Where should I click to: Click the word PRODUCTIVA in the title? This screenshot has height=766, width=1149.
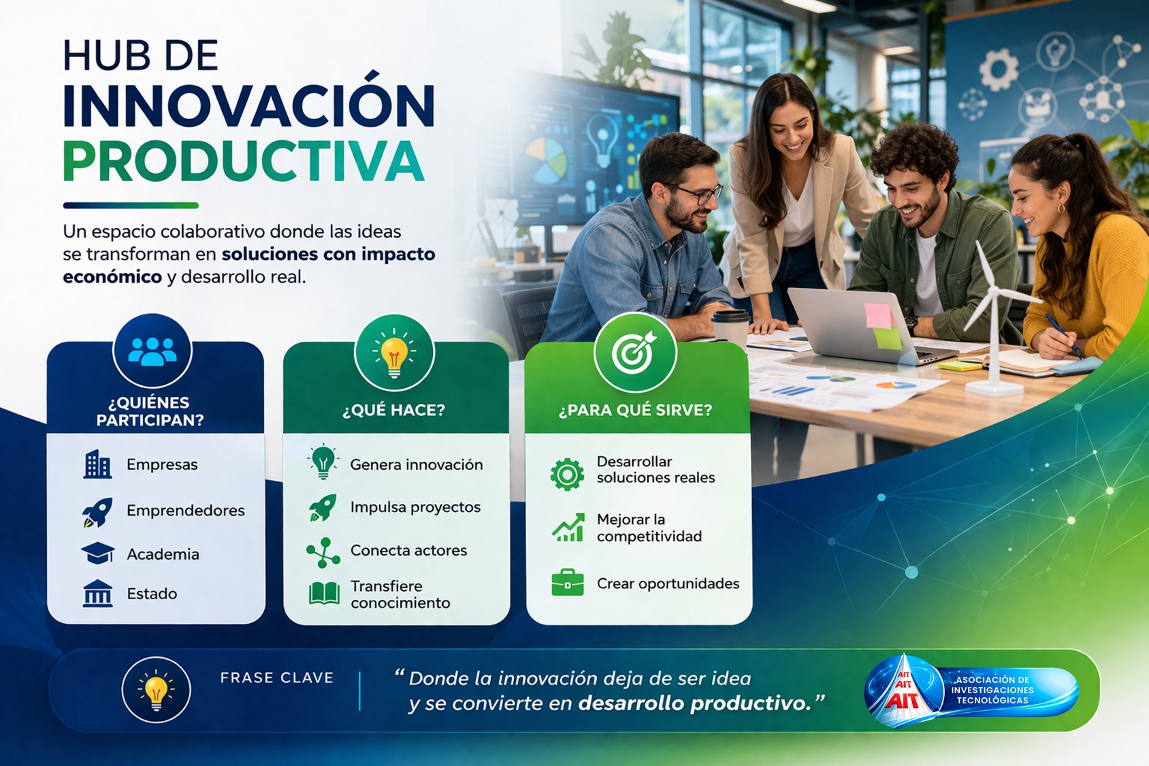[x=244, y=161]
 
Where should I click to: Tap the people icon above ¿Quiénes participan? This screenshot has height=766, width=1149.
[x=152, y=351]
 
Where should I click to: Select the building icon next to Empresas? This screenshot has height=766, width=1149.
[x=97, y=464]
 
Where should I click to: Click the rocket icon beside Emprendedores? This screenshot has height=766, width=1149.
[x=97, y=511]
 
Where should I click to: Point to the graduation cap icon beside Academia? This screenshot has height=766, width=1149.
[x=97, y=553]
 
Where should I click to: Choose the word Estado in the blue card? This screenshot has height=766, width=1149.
[x=152, y=594]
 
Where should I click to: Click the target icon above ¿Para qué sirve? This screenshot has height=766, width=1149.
[x=634, y=352]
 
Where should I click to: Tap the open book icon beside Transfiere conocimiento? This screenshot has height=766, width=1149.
[x=324, y=593]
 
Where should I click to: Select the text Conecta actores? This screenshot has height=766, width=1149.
[x=408, y=550]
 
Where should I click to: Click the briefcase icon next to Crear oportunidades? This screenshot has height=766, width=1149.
[x=567, y=582]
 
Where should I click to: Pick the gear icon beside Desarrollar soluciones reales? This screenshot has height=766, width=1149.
[x=567, y=475]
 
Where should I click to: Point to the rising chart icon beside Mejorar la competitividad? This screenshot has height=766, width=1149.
[x=568, y=527]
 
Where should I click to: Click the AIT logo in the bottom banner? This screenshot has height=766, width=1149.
[x=971, y=690]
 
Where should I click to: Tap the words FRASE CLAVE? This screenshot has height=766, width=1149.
[x=277, y=677]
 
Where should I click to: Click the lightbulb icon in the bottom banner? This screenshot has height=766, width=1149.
[x=156, y=690]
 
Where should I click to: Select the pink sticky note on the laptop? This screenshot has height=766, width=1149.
[x=878, y=315]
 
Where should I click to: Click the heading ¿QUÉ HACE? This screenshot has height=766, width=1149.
[x=393, y=410]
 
